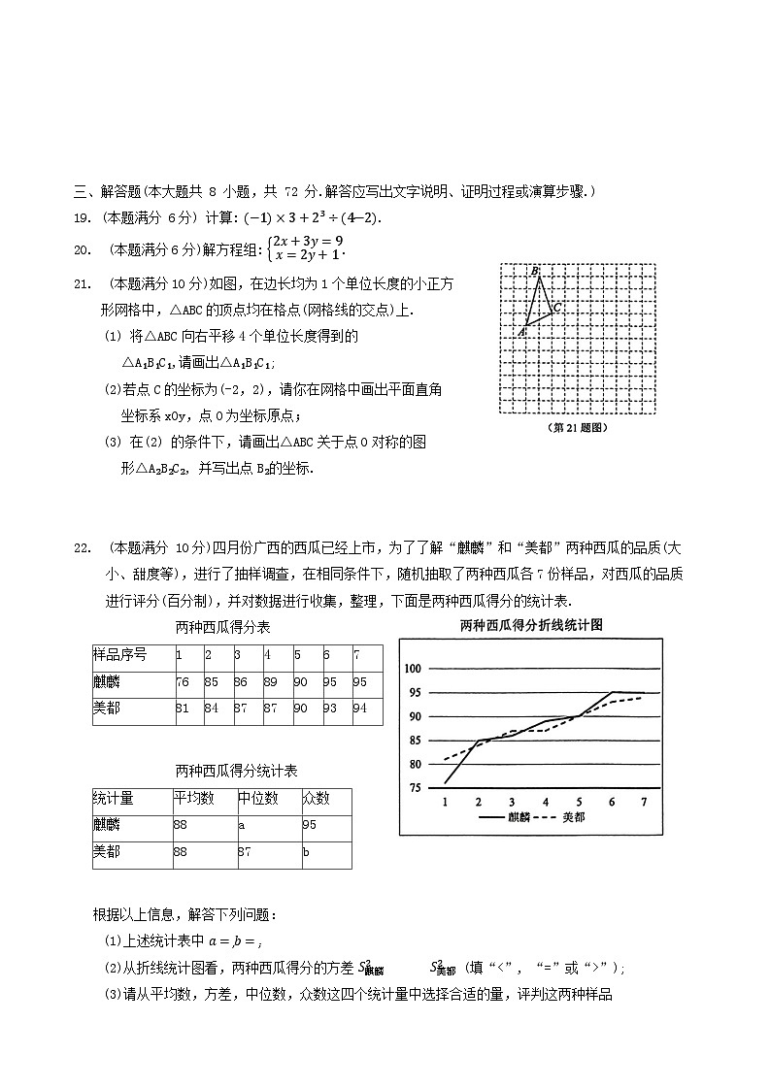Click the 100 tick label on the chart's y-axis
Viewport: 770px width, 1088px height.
pos(413,669)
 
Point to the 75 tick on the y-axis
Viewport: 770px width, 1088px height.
pos(416,787)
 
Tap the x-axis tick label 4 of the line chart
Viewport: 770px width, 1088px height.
pos(546,802)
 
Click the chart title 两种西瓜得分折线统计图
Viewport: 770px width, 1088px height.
pos(531,625)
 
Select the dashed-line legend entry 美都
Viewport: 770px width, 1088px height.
pos(573,817)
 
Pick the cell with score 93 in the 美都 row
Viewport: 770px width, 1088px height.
pos(331,709)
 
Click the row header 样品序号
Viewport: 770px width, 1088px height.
pos(119,655)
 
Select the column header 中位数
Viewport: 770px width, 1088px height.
pos(258,799)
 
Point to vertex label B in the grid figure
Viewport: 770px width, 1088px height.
pos(535,270)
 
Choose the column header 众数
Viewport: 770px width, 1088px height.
pos(316,799)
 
